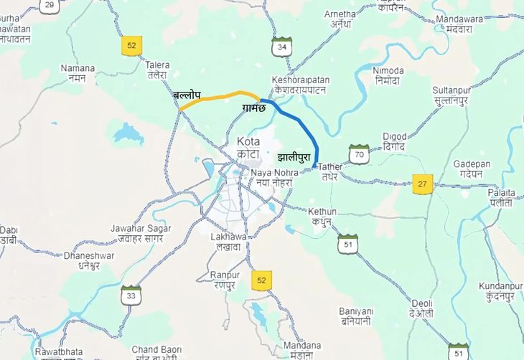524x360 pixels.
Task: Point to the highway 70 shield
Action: (359, 153)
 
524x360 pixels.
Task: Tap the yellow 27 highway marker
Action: (423, 184)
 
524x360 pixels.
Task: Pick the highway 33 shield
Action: (131, 295)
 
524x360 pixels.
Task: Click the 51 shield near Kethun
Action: (348, 244)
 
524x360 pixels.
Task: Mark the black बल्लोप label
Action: (187, 95)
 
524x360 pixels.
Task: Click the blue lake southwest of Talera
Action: (128, 133)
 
